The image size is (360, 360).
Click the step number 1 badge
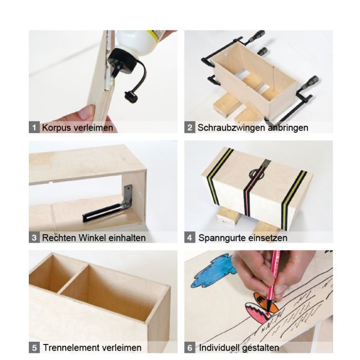coord(34,127)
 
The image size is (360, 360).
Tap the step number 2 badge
coord(190,127)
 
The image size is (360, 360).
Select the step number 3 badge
coord(34,238)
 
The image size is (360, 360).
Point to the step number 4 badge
coord(190,238)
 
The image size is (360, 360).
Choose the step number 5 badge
coord(34,348)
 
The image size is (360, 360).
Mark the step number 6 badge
coord(190,348)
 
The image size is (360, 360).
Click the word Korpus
coord(57,127)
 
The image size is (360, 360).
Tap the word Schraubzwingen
coord(232,127)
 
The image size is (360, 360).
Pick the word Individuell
coord(219,348)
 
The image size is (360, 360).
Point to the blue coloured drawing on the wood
coord(214,270)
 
